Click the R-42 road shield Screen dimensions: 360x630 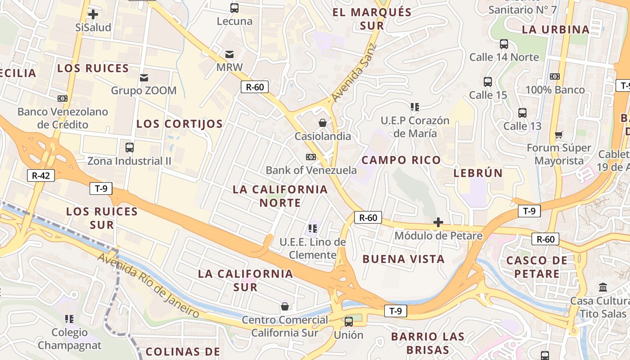click(41, 175)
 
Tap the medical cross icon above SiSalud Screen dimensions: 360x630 click(93, 14)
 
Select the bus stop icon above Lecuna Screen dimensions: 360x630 click(234, 8)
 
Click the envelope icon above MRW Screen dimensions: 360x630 click(229, 55)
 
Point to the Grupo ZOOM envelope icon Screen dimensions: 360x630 click(144, 78)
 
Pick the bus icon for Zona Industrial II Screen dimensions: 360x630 click(130, 147)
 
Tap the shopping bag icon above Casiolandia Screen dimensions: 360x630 click(323, 123)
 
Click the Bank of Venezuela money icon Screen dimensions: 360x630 click(310, 157)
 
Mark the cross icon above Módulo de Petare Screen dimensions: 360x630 click(438, 222)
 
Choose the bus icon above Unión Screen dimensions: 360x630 click(348, 322)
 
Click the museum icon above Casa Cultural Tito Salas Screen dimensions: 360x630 click(603, 287)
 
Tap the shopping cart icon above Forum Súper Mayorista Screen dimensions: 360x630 click(559, 135)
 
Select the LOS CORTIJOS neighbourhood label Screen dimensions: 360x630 click(180, 124)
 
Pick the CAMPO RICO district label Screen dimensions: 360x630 click(401, 160)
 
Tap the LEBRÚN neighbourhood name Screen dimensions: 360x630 click(478, 173)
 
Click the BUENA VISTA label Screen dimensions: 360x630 click(403, 259)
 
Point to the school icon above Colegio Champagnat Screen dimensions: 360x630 click(69, 319)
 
